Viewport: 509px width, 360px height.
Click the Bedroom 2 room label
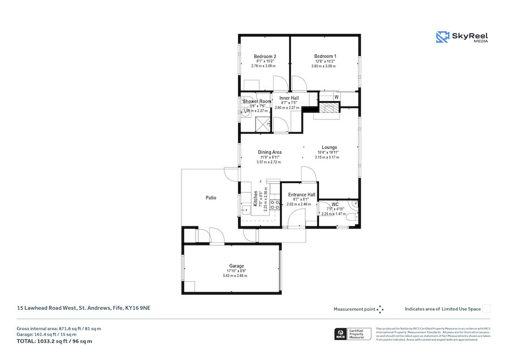pyautogui.click(x=265, y=57)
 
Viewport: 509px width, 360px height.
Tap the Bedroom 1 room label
pyautogui.click(x=325, y=57)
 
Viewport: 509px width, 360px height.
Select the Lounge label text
pyautogui.click(x=330, y=147)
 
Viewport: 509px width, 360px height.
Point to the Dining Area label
pyautogui.click(x=270, y=152)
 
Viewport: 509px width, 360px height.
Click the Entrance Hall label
pyautogui.click(x=301, y=195)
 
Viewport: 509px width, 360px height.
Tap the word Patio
pyautogui.click(x=210, y=198)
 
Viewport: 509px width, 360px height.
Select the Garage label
pyautogui.click(x=236, y=266)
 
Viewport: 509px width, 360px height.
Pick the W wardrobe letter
pyautogui.click(x=337, y=97)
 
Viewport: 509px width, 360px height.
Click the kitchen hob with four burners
pyautogui.click(x=275, y=205)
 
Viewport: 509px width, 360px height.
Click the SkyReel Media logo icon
pyautogui.click(x=442, y=37)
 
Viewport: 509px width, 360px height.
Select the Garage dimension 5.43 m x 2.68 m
pyautogui.click(x=236, y=276)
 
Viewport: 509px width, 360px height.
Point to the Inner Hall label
pyautogui.click(x=289, y=98)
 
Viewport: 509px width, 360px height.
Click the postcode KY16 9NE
pyautogui.click(x=137, y=308)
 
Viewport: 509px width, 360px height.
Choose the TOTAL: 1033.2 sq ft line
pyautogui.click(x=55, y=341)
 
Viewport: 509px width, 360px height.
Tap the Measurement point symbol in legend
pyautogui.click(x=380, y=309)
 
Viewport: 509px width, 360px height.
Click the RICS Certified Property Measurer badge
pyautogui.click(x=353, y=334)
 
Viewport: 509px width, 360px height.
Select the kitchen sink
pyautogui.click(x=247, y=209)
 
